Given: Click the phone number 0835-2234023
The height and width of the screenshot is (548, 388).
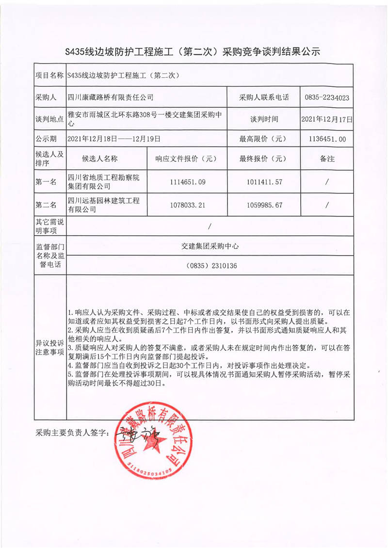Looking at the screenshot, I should point(327,97).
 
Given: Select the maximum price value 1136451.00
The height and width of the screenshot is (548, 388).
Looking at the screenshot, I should point(327,139).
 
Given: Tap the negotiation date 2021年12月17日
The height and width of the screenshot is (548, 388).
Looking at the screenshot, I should point(327,118).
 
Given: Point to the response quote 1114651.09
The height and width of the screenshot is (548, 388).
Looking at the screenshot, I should point(188,182).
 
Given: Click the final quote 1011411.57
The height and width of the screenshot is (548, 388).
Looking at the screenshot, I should point(264,182).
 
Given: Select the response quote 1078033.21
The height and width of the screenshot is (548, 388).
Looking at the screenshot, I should point(188,205).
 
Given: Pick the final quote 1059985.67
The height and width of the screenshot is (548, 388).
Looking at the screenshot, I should point(264,205).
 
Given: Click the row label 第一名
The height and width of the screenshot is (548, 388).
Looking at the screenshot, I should point(47,182).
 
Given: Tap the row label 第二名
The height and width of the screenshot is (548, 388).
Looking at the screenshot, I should point(47,205).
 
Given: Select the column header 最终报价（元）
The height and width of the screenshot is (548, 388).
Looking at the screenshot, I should point(264,159).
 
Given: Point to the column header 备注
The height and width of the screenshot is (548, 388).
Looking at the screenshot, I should point(327,159).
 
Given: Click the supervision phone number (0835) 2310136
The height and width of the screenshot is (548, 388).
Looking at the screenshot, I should point(211,266).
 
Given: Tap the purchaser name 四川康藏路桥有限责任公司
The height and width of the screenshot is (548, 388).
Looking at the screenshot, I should point(111,97).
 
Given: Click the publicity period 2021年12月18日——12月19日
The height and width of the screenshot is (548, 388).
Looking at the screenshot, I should point(114,139).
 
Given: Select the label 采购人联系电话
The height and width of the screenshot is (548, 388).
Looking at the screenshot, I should point(264,97).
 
